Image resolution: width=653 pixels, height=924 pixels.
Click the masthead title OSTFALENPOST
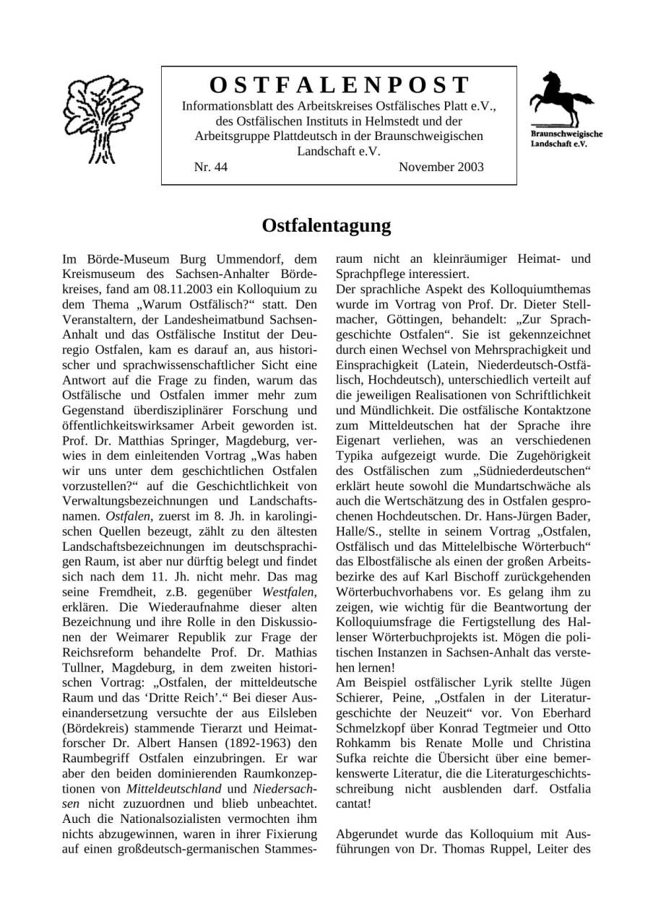pos(339,85)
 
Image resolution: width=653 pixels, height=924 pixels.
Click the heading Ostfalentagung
pos(326,226)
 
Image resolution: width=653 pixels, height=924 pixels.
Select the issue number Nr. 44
pos(211,167)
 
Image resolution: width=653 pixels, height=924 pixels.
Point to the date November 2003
pos(441,167)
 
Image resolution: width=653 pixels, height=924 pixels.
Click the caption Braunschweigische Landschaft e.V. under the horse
pos(566,139)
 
